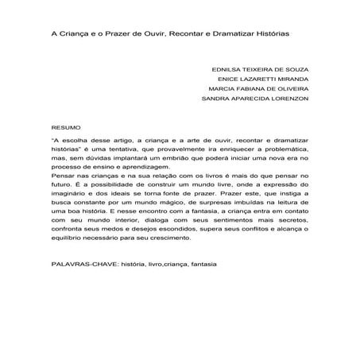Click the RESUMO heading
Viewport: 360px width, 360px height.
[65, 127]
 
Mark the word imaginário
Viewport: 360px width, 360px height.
[69, 204]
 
